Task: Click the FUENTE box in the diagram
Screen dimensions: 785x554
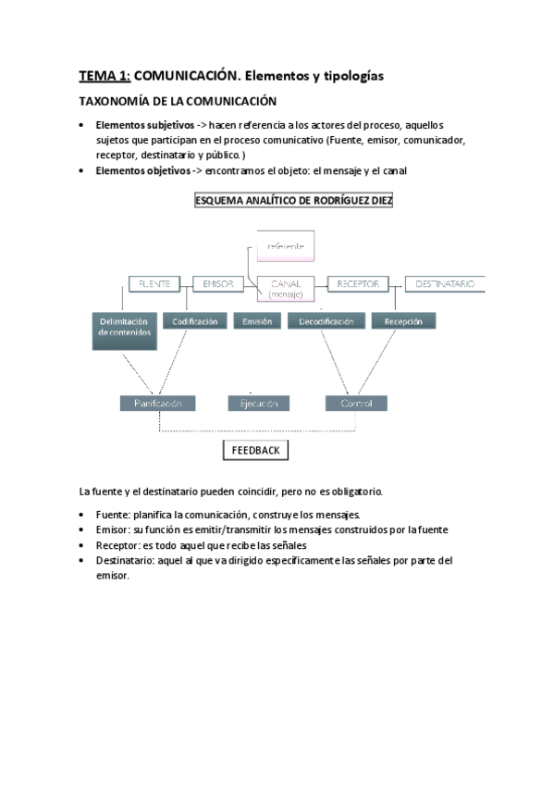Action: coord(154,284)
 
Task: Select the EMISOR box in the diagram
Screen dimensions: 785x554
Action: coord(217,284)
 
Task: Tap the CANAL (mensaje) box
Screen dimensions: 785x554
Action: coord(291,288)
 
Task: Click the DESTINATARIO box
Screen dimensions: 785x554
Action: coord(445,284)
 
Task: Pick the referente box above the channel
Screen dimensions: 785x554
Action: coord(285,245)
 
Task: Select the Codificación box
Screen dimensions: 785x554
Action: coord(194,321)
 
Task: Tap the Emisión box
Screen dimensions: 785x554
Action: coord(256,321)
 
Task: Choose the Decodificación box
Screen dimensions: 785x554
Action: coord(326,321)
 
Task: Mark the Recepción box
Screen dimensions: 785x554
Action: coord(402,321)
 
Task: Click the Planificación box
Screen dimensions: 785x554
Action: coord(158,404)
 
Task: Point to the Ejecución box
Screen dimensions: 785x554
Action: coord(258,404)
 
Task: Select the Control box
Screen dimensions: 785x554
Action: coord(356,404)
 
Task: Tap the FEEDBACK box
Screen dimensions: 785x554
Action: coord(255,451)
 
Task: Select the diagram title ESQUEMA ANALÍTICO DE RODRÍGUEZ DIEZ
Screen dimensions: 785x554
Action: coord(293,201)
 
